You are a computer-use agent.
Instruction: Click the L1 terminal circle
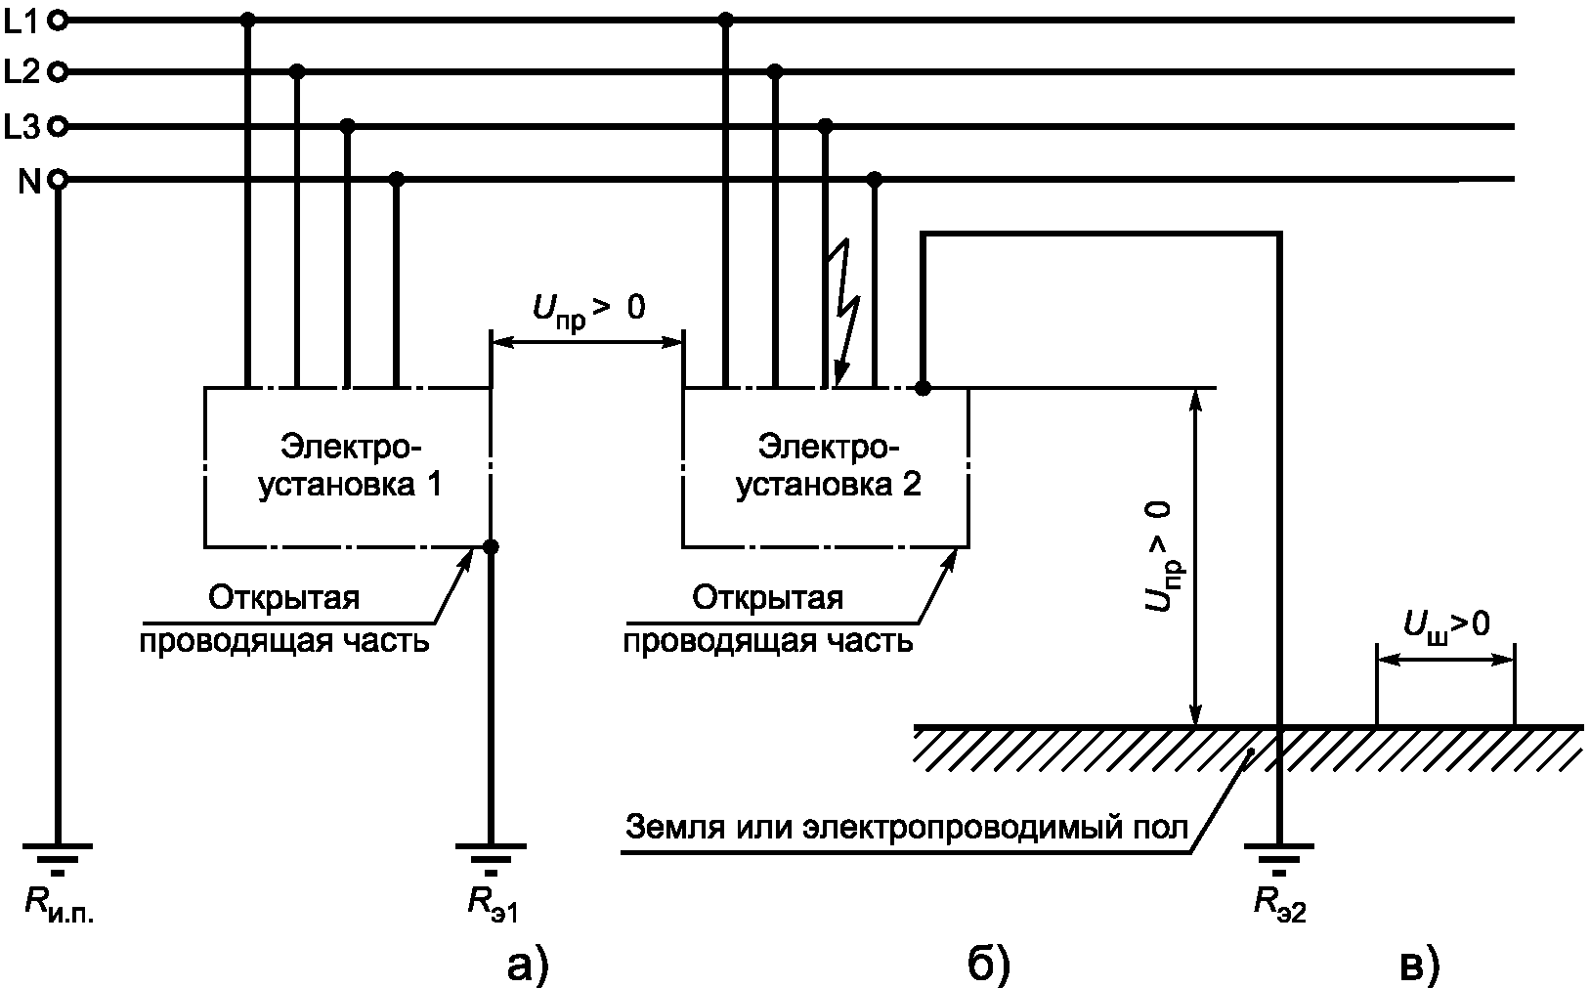point(58,20)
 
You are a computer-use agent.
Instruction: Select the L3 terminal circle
point(58,126)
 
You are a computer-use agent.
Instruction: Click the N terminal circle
point(58,180)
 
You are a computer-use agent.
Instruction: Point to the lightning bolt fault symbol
point(842,313)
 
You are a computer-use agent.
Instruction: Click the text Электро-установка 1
point(350,465)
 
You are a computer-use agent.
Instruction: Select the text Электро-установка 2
point(827,465)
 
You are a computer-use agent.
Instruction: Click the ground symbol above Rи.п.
point(58,854)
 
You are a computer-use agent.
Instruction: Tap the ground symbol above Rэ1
point(491,854)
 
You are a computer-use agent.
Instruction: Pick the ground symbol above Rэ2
point(1279,854)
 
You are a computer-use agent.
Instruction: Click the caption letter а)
point(529,964)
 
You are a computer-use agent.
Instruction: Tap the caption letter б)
point(988,964)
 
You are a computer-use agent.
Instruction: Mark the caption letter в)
point(1419,964)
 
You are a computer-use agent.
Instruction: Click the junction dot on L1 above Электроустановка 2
point(725,20)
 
